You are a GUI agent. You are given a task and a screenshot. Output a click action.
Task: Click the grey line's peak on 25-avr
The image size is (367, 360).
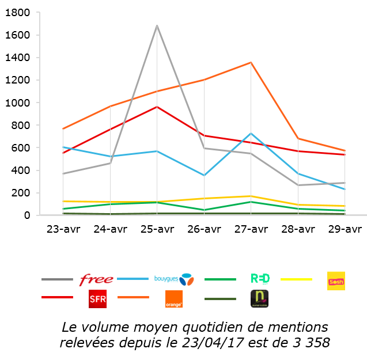(x=157, y=25)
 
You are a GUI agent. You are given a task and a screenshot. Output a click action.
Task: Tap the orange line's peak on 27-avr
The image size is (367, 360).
(x=251, y=62)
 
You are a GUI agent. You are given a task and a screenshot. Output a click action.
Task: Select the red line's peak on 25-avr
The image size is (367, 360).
(x=157, y=107)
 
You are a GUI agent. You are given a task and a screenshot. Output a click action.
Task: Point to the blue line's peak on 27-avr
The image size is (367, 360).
(x=251, y=133)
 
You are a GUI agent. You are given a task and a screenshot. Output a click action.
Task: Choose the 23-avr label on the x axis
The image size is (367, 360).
(x=63, y=229)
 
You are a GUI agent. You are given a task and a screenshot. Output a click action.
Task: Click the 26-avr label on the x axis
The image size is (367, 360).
(x=204, y=229)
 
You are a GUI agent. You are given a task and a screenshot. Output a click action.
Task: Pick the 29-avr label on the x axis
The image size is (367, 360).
(x=345, y=229)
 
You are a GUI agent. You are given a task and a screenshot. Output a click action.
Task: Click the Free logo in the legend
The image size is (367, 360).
(x=96, y=280)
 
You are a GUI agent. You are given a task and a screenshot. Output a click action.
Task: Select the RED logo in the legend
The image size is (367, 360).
(x=260, y=279)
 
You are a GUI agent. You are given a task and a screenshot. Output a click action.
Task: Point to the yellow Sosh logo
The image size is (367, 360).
(x=336, y=281)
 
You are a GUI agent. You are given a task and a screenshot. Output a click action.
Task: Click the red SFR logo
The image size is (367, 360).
(x=97, y=299)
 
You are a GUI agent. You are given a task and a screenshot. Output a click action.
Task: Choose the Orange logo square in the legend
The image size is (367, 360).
(x=174, y=299)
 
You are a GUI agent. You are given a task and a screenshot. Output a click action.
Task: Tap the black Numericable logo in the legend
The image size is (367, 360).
(x=259, y=298)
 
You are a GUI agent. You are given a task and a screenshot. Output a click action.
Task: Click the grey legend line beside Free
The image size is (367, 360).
(x=57, y=279)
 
